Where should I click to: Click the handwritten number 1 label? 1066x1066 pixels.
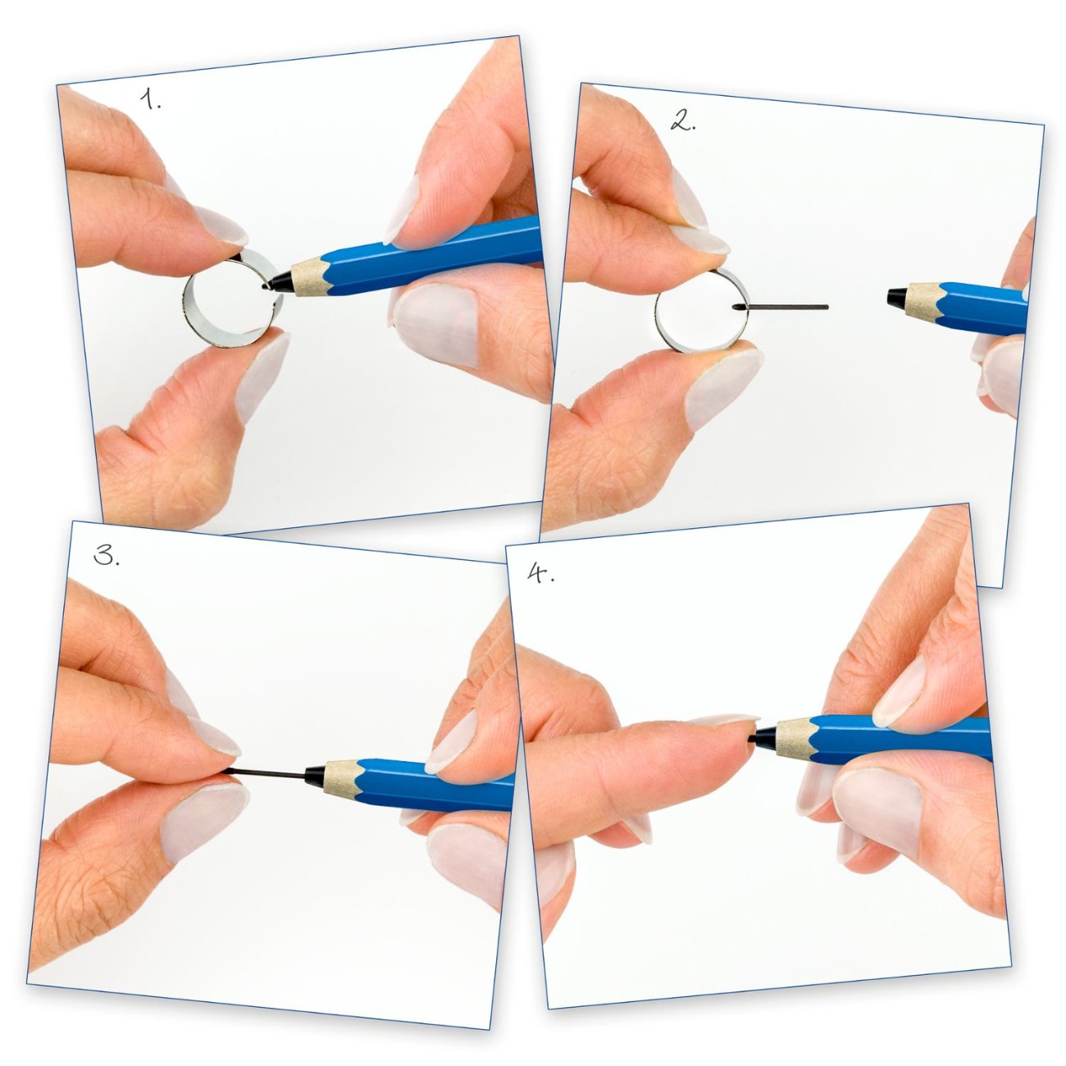(x=150, y=99)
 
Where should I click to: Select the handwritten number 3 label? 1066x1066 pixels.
(x=106, y=555)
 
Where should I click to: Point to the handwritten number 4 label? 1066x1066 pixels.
(x=540, y=574)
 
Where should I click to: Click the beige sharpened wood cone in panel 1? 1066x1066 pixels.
(x=310, y=276)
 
